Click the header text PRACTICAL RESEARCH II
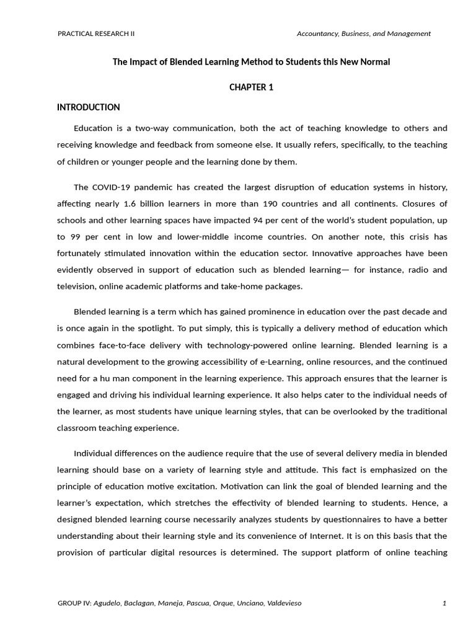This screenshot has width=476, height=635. (x=95, y=33)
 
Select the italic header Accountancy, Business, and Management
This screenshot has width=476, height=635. (x=363, y=33)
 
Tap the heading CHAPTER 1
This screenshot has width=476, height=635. (x=251, y=87)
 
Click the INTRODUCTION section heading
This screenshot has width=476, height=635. (x=89, y=107)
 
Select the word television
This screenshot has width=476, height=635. (x=76, y=286)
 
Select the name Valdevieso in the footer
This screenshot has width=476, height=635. (x=282, y=603)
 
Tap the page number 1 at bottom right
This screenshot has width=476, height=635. (x=444, y=603)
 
